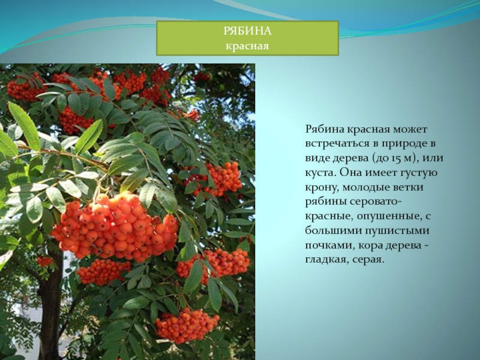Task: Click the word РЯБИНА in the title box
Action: pyautogui.click(x=247, y=31)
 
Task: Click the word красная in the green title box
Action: pyautogui.click(x=247, y=46)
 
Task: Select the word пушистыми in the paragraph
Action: pyautogui.click(x=397, y=231)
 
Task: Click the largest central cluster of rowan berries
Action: pyautogui.click(x=115, y=226)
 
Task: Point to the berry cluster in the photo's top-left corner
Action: pyautogui.click(x=25, y=89)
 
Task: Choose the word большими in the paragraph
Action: pyautogui.click(x=332, y=231)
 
